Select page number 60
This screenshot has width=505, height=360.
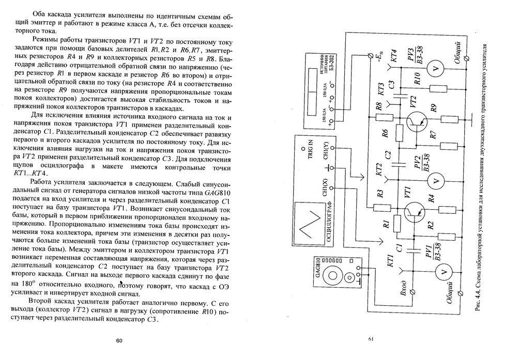click(x=119, y=341)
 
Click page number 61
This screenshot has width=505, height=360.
click(x=371, y=339)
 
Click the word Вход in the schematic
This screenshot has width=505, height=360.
click(x=404, y=286)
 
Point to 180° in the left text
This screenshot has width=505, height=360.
click(x=19, y=286)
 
